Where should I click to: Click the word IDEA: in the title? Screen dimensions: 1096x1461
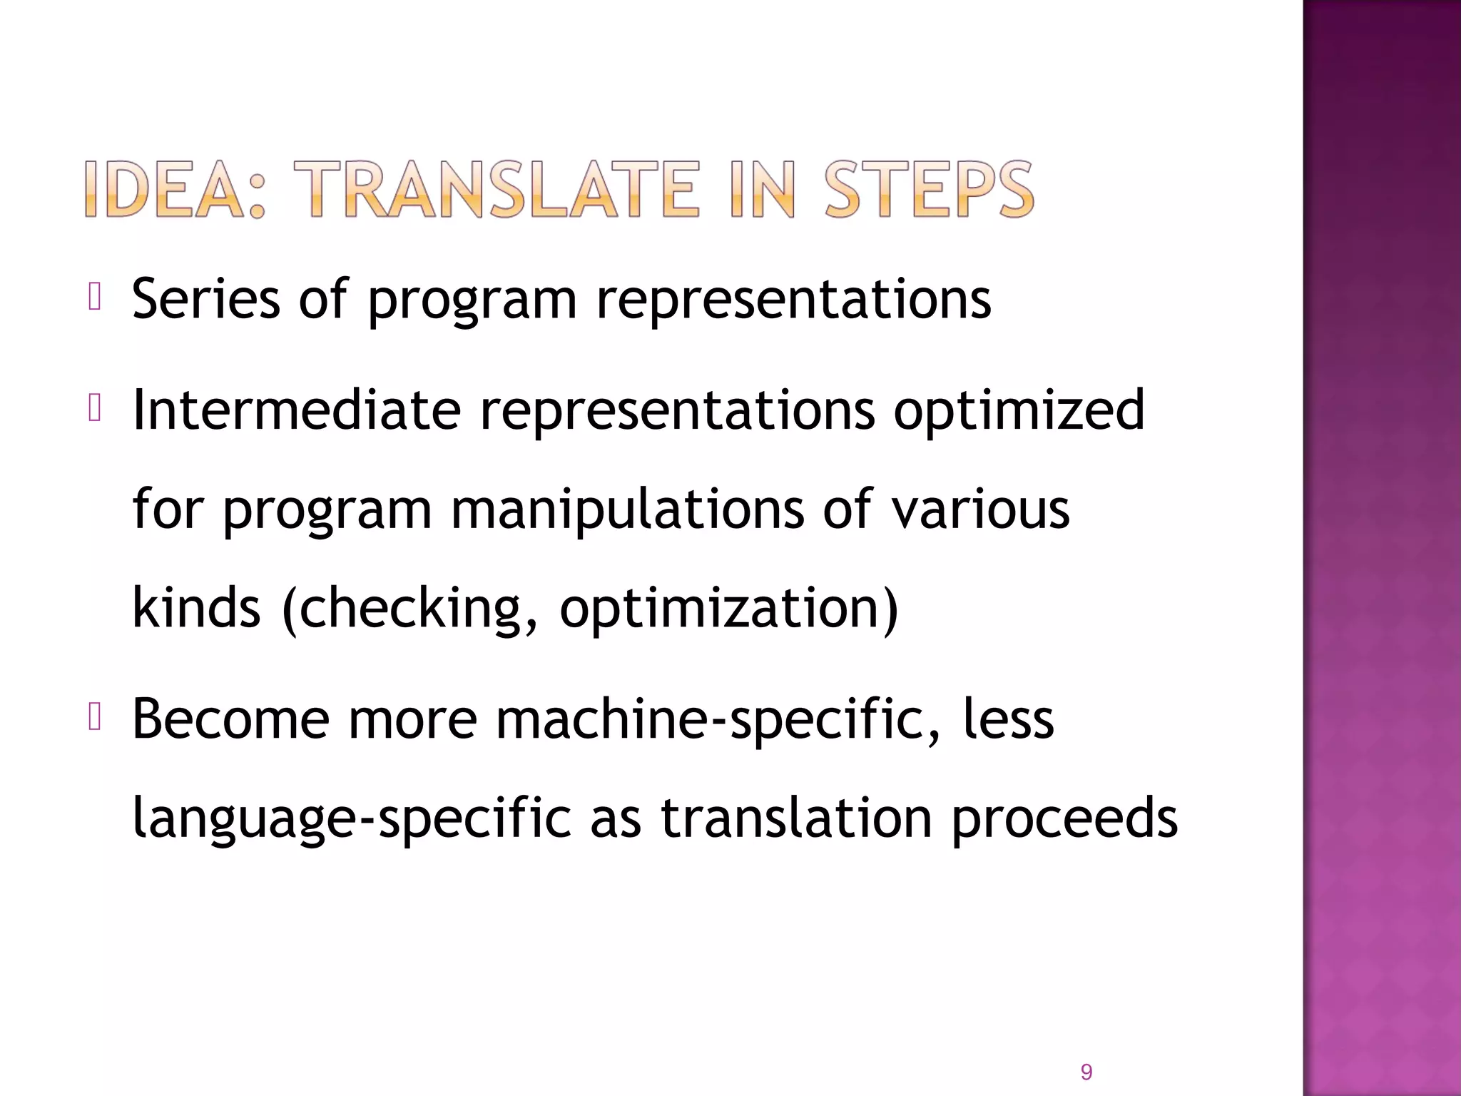click(174, 189)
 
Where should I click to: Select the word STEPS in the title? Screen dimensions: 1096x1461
click(929, 189)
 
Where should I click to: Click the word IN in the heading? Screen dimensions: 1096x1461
click(763, 189)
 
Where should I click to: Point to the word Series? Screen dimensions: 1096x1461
click(206, 298)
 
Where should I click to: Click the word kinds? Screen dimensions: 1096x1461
click(197, 607)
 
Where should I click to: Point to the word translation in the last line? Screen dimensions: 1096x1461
click(796, 818)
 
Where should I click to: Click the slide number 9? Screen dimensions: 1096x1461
click(1086, 1072)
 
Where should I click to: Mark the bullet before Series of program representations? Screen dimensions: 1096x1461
click(95, 297)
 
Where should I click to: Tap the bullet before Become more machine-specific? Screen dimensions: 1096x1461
click(95, 717)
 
